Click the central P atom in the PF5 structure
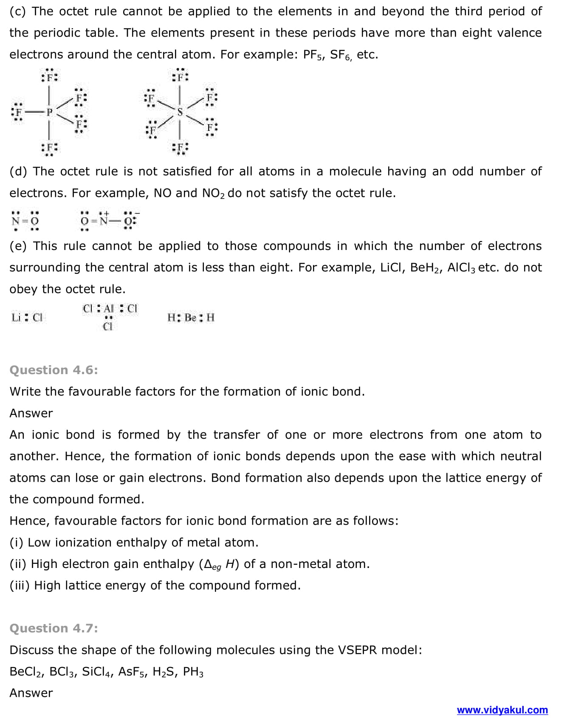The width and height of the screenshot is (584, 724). (49, 112)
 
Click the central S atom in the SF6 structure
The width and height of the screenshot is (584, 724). (180, 112)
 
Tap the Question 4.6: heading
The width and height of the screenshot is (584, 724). (54, 370)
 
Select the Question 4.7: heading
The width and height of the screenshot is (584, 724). (54, 628)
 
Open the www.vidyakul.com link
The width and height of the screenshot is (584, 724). (502, 710)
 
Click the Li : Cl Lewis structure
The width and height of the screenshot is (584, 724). (27, 318)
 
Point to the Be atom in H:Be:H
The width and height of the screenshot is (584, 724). (190, 318)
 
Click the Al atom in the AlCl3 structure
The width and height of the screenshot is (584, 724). (109, 309)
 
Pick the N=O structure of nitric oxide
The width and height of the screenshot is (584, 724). (25, 221)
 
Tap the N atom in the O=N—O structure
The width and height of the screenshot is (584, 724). (104, 221)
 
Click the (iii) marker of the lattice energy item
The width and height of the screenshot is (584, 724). (20, 585)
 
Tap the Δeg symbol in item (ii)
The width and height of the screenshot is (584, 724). (213, 565)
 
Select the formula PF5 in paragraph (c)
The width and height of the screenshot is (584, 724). (313, 55)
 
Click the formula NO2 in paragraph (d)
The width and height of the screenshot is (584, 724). (213, 193)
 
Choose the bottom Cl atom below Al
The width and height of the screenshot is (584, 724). (108, 327)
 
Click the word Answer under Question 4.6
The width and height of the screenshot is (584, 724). (31, 413)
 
